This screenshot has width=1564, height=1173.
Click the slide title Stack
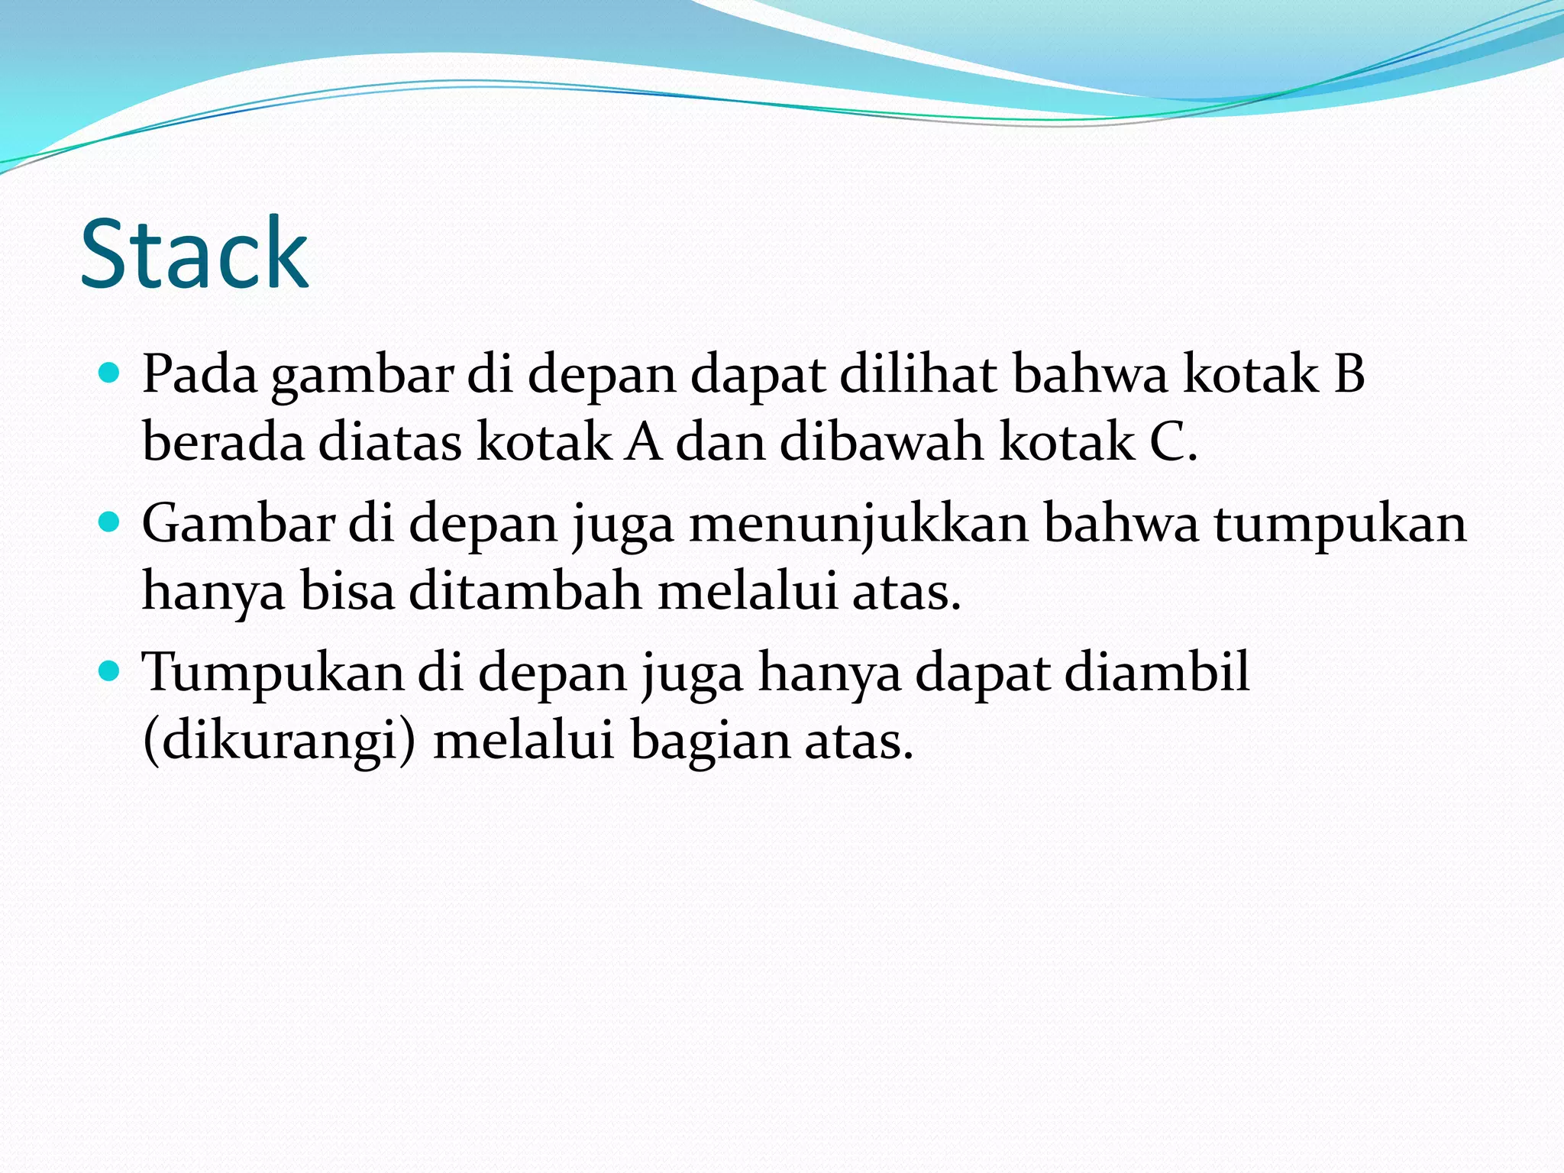click(x=194, y=254)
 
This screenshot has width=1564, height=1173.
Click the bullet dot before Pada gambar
click(x=110, y=373)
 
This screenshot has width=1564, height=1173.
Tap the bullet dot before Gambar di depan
click(x=110, y=522)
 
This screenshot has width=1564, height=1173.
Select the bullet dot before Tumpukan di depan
click(x=110, y=671)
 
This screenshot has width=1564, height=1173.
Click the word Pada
click(x=199, y=374)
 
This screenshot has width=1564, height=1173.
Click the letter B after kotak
click(x=1349, y=374)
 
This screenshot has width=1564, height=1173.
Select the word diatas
click(x=389, y=442)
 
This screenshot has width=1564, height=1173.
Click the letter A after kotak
click(x=643, y=442)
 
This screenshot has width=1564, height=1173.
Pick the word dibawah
click(x=882, y=442)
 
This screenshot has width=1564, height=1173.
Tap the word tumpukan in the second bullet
click(x=1340, y=525)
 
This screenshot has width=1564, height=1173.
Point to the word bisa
click(x=347, y=591)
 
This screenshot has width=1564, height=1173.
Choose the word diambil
click(x=1156, y=672)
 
